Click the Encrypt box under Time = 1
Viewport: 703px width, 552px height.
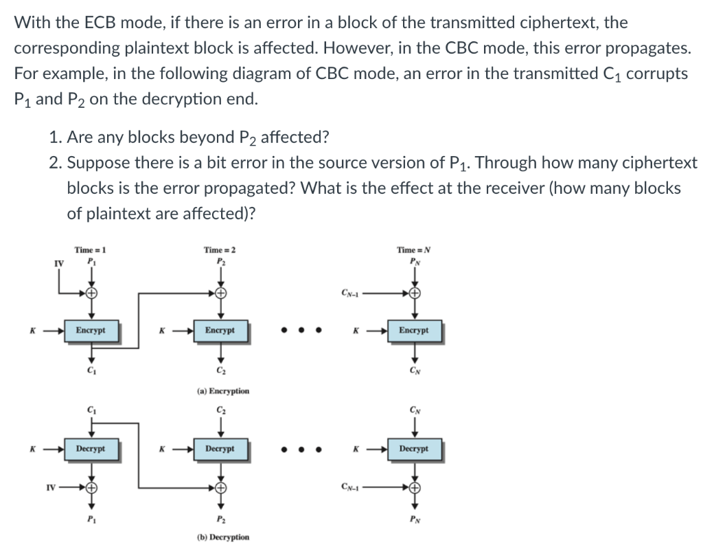pos(90,331)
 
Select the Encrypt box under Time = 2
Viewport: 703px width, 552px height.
pos(220,331)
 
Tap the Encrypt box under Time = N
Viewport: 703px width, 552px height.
pos(413,331)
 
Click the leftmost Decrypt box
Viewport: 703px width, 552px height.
pos(90,449)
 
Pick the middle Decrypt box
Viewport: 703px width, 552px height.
pos(220,449)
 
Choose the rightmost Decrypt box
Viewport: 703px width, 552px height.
pos(413,449)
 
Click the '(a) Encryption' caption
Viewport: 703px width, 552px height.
pos(222,390)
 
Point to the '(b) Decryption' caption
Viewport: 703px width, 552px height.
pos(222,537)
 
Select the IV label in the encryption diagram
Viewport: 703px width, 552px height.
pos(58,261)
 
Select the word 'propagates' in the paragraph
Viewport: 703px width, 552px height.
pos(649,48)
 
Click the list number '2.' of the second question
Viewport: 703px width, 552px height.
pos(56,163)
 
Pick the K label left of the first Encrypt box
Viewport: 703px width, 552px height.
pos(32,331)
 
